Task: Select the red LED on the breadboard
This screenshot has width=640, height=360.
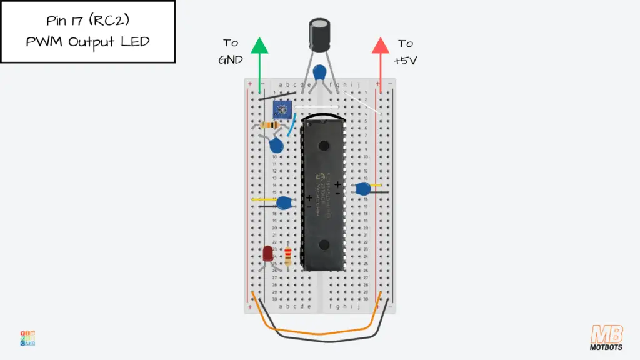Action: (268, 254)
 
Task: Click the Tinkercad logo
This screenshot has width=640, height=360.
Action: (27, 338)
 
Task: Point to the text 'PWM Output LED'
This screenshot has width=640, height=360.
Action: (87, 42)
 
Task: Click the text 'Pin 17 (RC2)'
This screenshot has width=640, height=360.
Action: (87, 21)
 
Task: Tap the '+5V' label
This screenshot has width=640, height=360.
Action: (406, 61)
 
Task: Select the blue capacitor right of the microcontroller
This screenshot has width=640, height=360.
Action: (361, 188)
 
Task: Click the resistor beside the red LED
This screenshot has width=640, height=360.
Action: (287, 256)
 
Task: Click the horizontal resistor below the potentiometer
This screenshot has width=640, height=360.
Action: (273, 124)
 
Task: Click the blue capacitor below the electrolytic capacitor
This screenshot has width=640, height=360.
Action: (321, 72)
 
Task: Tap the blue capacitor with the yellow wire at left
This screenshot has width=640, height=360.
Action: (285, 202)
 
